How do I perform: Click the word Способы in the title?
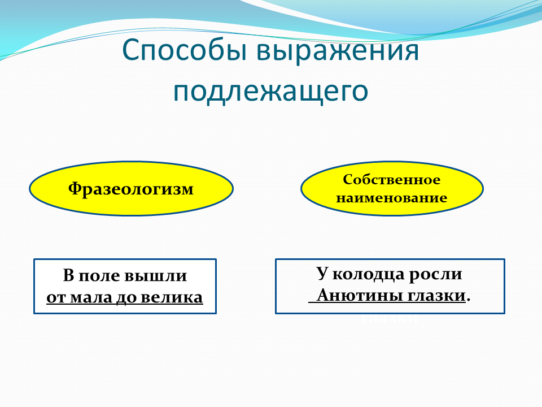[185, 51]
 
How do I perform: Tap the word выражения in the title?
[338, 51]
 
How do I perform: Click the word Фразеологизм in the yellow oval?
[130, 189]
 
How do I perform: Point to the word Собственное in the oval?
[392, 179]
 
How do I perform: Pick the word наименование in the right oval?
[392, 198]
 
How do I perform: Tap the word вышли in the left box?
[156, 276]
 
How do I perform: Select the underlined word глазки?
[436, 296]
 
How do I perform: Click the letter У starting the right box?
[322, 274]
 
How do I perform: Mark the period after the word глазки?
[469, 300]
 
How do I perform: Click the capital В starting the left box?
[68, 275]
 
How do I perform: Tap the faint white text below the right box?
[390, 318]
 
